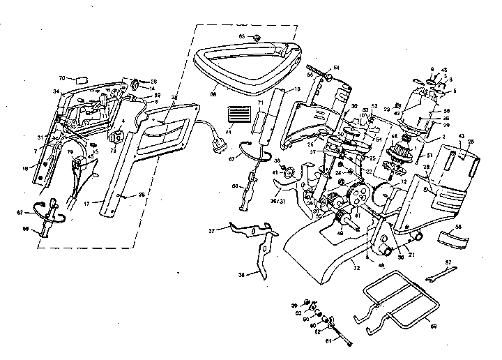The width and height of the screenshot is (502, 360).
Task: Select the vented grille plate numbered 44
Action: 238,114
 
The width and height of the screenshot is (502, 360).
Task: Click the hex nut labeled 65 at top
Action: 257,36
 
